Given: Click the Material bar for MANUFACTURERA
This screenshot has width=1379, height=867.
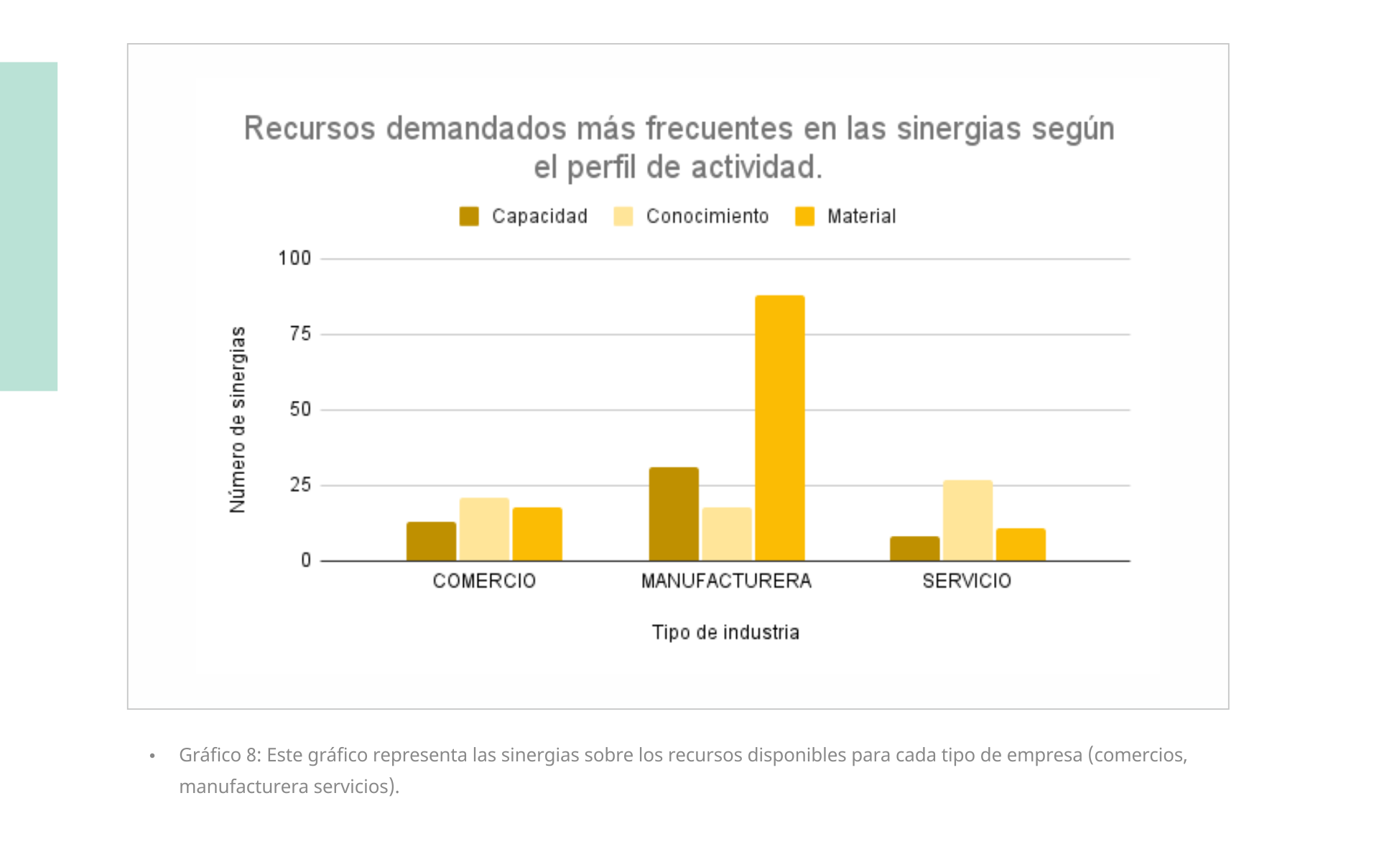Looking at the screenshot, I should click(x=779, y=428).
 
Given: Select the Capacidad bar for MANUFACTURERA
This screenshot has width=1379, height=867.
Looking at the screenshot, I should click(x=674, y=514).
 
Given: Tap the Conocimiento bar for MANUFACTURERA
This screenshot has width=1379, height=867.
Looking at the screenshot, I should click(x=727, y=534).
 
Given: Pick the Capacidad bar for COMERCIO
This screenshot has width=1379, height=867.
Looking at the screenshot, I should click(x=431, y=542).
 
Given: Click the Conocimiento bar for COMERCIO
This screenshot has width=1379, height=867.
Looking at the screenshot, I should click(x=484, y=529).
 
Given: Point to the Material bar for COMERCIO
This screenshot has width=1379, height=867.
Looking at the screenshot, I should click(x=537, y=534).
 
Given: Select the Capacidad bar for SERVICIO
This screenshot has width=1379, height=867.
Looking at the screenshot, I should click(x=914, y=549).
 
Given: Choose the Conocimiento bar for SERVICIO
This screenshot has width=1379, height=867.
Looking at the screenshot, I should click(x=967, y=521).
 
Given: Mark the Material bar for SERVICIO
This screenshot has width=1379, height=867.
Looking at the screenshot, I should click(x=1021, y=544).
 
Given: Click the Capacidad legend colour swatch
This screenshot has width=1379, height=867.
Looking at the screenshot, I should click(x=469, y=216).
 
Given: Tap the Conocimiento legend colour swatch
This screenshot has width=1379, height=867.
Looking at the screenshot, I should click(x=623, y=216).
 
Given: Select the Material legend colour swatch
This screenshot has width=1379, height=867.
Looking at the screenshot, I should click(x=805, y=216).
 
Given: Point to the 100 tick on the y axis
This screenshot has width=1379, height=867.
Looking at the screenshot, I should click(x=294, y=258).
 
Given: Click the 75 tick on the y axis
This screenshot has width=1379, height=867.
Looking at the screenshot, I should click(x=301, y=334).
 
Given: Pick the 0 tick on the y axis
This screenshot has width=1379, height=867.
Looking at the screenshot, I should click(x=306, y=560).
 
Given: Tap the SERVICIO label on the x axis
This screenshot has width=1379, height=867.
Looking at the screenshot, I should click(x=967, y=580).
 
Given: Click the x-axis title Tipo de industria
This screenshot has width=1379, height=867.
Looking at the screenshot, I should click(x=725, y=632).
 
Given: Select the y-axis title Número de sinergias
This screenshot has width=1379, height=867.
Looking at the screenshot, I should click(x=238, y=420).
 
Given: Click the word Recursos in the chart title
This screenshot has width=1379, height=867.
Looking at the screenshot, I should click(x=310, y=129).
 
